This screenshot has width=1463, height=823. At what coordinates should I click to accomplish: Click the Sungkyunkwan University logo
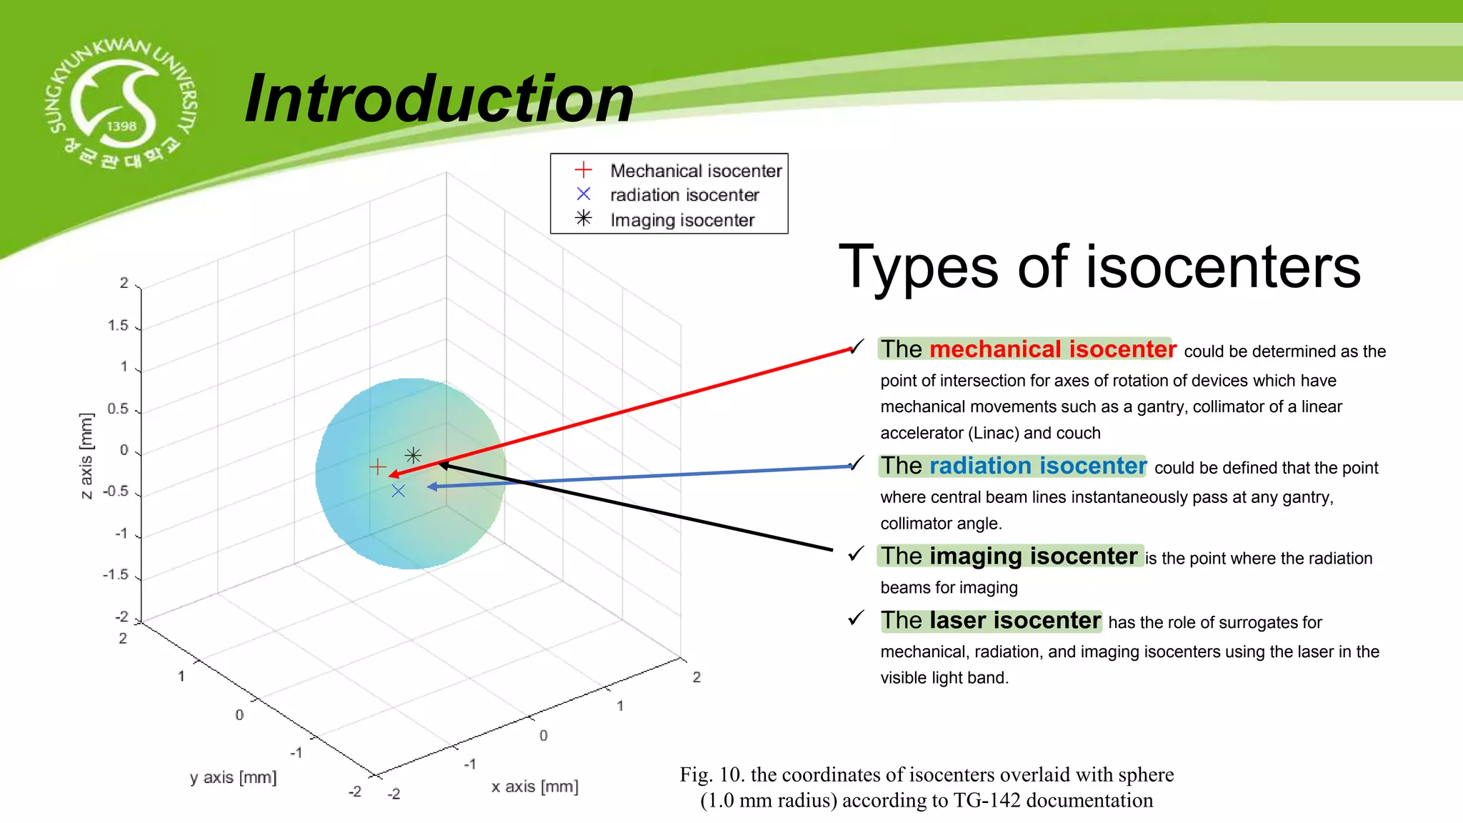(120, 104)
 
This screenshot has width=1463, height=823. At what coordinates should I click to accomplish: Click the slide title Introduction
(439, 99)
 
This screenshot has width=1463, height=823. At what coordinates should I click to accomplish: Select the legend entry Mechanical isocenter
(695, 171)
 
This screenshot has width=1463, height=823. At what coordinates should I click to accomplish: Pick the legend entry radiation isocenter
(684, 195)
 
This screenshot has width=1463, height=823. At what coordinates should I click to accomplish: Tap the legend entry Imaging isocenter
(681, 220)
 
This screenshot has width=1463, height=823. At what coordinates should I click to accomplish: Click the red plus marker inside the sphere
(378, 467)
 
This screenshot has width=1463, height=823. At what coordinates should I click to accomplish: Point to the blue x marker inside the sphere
(399, 491)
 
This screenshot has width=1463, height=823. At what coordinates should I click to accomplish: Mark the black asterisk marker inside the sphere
(413, 455)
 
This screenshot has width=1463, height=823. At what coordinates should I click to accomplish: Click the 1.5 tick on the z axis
(118, 326)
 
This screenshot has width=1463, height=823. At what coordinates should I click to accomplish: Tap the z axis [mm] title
(86, 456)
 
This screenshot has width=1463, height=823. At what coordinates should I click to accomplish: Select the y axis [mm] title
(233, 777)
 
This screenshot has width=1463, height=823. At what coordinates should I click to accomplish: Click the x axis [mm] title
(534, 787)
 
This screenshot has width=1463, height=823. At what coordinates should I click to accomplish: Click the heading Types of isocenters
(1099, 266)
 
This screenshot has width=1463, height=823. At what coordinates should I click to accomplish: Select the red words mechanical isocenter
(1052, 349)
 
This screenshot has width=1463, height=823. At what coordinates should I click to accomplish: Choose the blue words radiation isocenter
(1037, 466)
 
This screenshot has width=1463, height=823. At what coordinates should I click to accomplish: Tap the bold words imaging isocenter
(1033, 556)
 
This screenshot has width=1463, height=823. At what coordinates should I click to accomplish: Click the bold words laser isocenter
(1014, 620)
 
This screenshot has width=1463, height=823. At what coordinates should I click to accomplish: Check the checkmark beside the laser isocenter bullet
(856, 618)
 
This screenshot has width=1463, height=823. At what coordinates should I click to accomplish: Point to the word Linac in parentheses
(994, 433)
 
